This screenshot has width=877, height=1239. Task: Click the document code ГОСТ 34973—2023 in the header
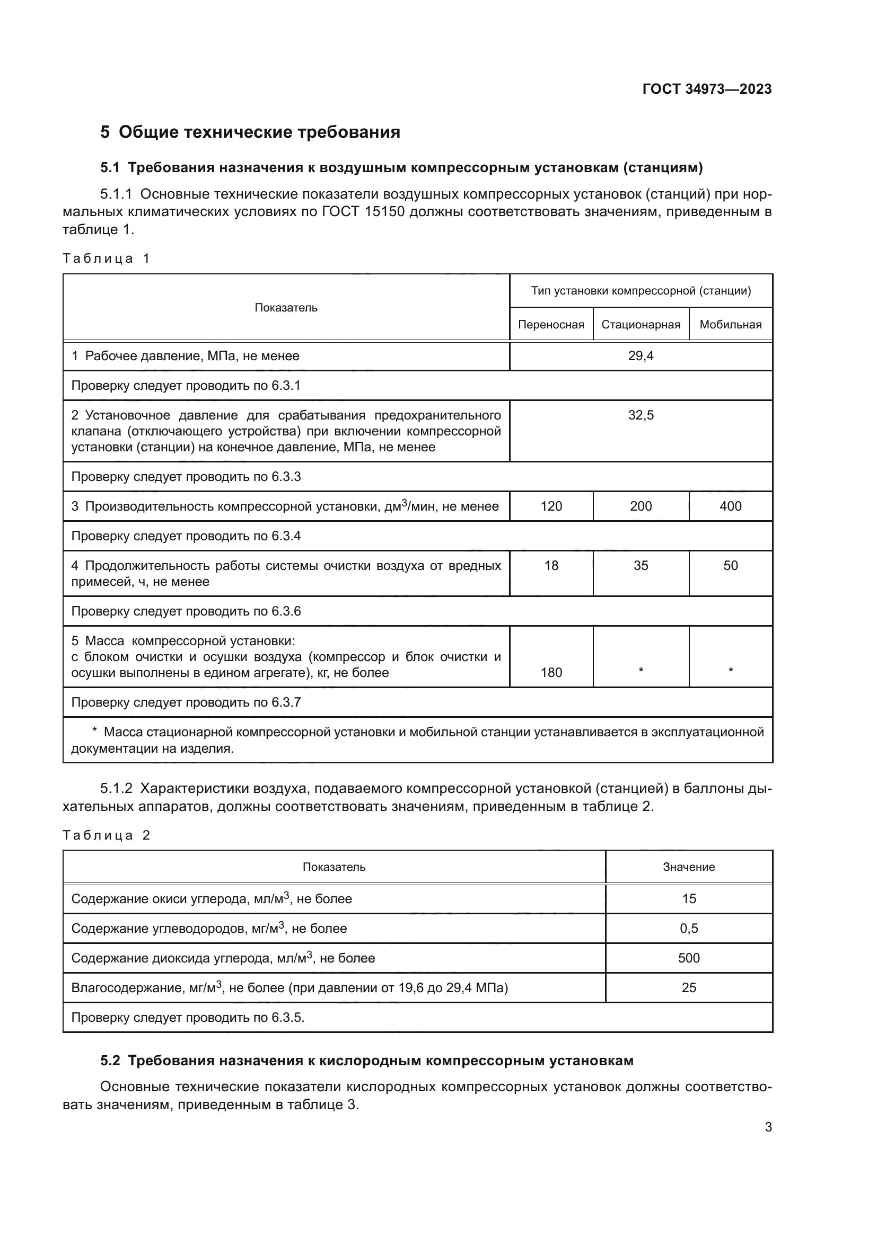click(706, 89)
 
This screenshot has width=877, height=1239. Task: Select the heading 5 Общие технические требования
click(250, 132)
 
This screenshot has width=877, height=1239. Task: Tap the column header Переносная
click(551, 324)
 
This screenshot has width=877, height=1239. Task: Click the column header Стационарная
click(641, 324)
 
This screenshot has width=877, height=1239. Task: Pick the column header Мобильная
click(730, 324)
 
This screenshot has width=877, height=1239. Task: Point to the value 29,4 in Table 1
click(641, 356)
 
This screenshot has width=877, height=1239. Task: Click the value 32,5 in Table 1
click(641, 415)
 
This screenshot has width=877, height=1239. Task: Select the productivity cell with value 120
click(551, 506)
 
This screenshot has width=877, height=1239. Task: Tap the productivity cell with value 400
click(730, 506)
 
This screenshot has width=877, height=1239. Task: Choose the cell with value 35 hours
click(641, 566)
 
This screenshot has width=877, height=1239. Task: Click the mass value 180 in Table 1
click(551, 672)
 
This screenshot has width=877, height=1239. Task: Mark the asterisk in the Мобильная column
click(730, 670)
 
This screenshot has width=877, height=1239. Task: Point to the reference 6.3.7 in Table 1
click(286, 702)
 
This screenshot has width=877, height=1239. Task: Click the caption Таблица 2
click(107, 835)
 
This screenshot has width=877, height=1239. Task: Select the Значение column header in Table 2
click(689, 867)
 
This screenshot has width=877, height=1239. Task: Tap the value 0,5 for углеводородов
click(689, 928)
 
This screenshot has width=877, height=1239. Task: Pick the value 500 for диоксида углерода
click(689, 958)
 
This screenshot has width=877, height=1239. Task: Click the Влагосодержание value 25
click(689, 987)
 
